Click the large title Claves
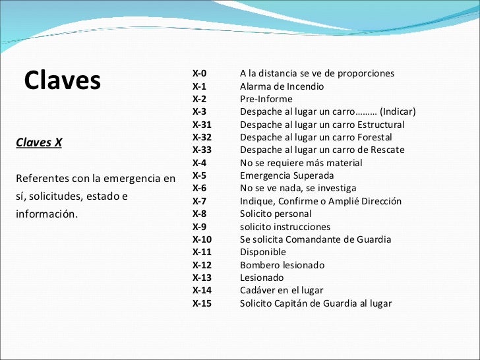tap(63, 80)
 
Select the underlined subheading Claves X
tap(39, 142)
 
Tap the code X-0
tap(199, 73)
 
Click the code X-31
tap(202, 125)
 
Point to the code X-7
tap(199, 201)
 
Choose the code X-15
tap(202, 303)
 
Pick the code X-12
tap(202, 265)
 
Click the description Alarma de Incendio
tap(282, 86)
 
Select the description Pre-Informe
tap(266, 99)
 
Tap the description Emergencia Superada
tap(287, 175)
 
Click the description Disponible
tap(262, 252)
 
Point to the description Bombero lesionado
tap(282, 265)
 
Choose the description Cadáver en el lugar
tap(282, 290)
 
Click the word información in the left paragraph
tap(46, 214)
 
